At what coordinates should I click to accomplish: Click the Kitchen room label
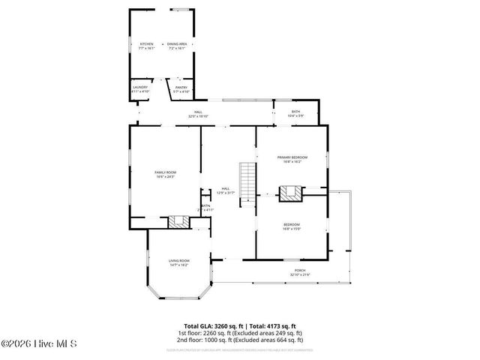[x=147, y=44]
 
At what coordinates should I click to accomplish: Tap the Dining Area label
[x=177, y=44]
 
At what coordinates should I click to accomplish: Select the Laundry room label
[x=140, y=86]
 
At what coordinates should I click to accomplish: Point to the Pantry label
[x=181, y=87]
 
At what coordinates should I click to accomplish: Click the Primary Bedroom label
[x=292, y=157]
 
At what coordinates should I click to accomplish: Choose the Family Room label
[x=165, y=172]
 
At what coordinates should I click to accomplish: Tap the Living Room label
[x=178, y=260]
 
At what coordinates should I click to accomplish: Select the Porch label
[x=299, y=271]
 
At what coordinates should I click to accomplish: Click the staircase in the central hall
[x=248, y=180]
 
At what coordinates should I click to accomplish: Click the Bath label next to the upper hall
[x=295, y=111]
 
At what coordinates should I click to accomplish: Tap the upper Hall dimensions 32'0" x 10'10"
[x=198, y=116]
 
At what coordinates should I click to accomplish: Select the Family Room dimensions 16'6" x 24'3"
[x=165, y=177]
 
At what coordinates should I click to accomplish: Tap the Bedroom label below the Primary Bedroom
[x=292, y=224]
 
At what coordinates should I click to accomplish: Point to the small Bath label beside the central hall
[x=205, y=205]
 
